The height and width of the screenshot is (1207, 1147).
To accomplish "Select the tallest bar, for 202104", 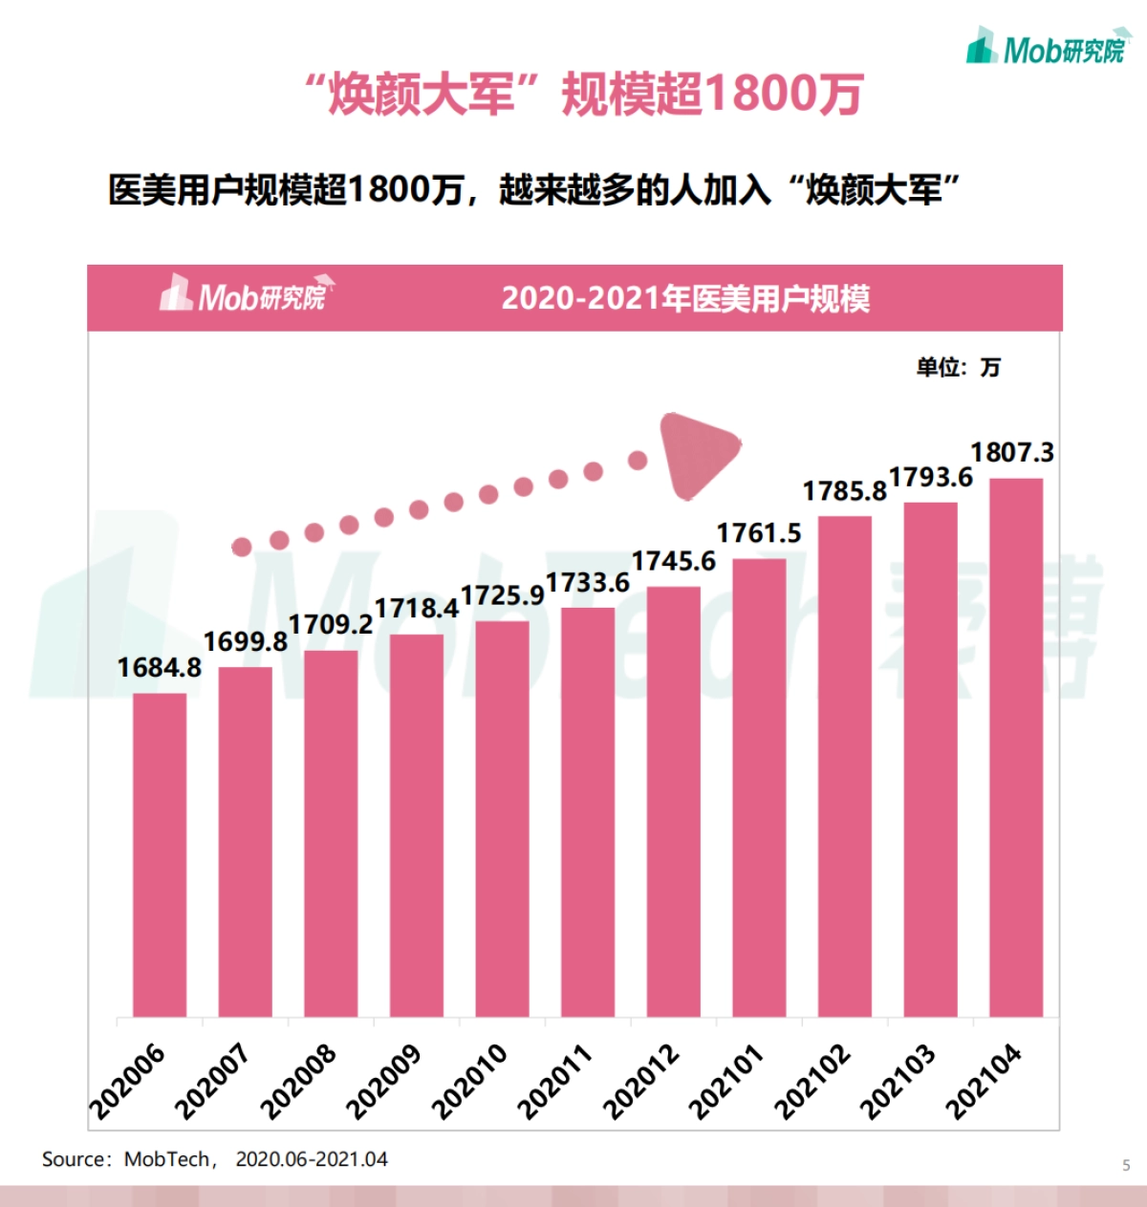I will pyautogui.click(x=1016, y=746).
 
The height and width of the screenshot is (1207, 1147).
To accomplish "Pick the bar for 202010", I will pyautogui.click(x=502, y=818).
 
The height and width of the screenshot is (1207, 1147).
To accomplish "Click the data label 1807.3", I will pyautogui.click(x=1012, y=452).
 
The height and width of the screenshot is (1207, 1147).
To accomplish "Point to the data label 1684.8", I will pyautogui.click(x=159, y=667).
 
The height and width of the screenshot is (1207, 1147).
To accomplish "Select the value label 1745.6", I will pyautogui.click(x=673, y=561).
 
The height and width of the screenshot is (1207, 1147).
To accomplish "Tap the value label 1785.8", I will pyautogui.click(x=844, y=491).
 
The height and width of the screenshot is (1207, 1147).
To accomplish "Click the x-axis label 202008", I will pyautogui.click(x=298, y=1081).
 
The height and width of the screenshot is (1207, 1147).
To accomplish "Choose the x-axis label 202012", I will pyautogui.click(x=641, y=1081).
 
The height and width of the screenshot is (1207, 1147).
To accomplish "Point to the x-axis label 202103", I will pyautogui.click(x=898, y=1081).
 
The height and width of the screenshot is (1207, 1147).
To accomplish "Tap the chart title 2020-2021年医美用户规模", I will pyautogui.click(x=685, y=299).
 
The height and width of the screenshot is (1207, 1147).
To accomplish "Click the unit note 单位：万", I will pyautogui.click(x=958, y=367).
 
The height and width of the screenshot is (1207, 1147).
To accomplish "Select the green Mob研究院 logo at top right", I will pyautogui.click(x=1048, y=48).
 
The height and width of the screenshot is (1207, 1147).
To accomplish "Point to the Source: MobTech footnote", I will pyautogui.click(x=214, y=1159).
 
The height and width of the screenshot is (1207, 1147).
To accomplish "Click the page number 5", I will pyautogui.click(x=1126, y=1165).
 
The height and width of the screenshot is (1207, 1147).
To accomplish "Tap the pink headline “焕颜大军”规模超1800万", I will pyautogui.click(x=584, y=95).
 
